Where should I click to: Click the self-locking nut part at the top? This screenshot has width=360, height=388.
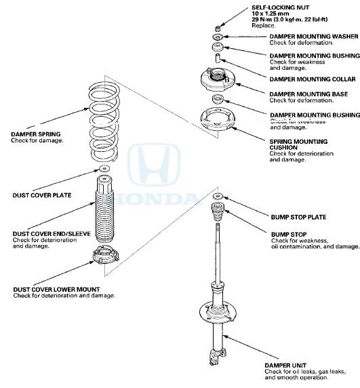click(x=218, y=28)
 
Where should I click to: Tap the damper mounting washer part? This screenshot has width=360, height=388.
click(x=218, y=37)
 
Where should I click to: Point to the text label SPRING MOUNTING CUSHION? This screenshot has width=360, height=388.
click(x=298, y=144)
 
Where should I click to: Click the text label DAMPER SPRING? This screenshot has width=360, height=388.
click(x=37, y=134)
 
